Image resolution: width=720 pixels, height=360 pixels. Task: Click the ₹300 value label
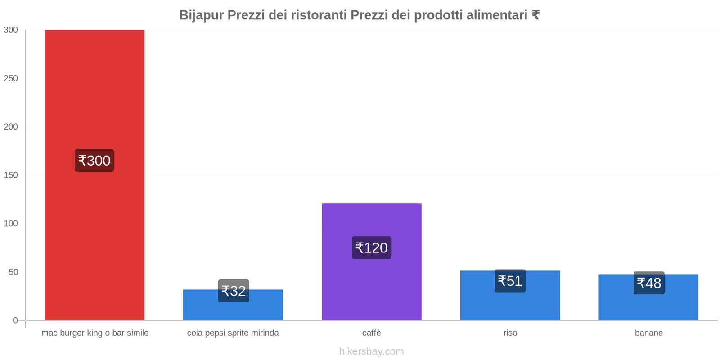pos(94,161)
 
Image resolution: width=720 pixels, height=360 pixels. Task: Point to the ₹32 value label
pos(234,291)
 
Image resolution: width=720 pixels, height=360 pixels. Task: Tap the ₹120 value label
pos(371,247)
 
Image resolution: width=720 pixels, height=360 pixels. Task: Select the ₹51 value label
pos(510,281)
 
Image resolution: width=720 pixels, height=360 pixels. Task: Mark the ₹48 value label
pos(649,283)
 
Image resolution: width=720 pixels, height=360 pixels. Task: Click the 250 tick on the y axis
pos(11,78)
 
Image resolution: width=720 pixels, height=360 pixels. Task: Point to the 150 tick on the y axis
pos(11,175)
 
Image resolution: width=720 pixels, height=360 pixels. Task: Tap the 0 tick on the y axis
pos(15,320)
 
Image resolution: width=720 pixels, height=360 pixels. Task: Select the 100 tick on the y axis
pos(11,224)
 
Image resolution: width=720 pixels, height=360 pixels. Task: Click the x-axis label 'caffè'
pos(371,333)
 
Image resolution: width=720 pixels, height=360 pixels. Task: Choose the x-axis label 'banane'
pos(648,333)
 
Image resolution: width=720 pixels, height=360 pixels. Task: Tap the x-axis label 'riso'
pos(510,333)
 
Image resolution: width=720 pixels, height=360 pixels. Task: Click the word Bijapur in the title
pos(201,15)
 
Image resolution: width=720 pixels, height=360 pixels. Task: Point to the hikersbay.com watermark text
pos(371,351)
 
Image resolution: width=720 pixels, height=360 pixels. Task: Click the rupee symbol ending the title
pos(535,15)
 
